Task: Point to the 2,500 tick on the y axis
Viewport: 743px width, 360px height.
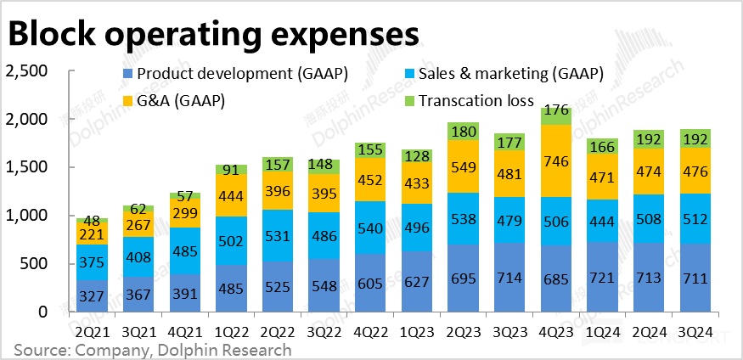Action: (x=26, y=71)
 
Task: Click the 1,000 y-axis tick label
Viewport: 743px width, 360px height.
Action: (x=26, y=216)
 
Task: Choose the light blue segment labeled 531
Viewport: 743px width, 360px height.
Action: (x=276, y=235)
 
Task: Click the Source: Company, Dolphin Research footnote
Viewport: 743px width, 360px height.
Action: (x=153, y=350)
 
